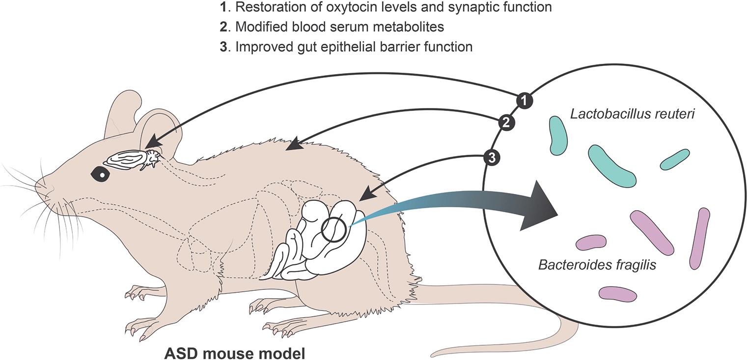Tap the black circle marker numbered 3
pyautogui.click(x=493, y=157)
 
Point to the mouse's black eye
pyautogui.click(x=100, y=172)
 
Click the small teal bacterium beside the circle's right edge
pyautogui.click(x=673, y=159)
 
